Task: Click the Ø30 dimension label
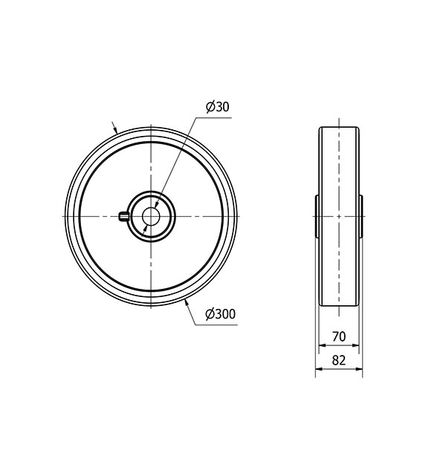pos(218,107)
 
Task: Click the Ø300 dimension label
pos(220,314)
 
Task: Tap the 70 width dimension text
pos(339,336)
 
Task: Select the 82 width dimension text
pos(339,360)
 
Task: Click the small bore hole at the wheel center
pos(151,216)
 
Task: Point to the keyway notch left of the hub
pos(124,216)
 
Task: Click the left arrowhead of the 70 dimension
pos(322,345)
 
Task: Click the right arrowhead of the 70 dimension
pos(355,345)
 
